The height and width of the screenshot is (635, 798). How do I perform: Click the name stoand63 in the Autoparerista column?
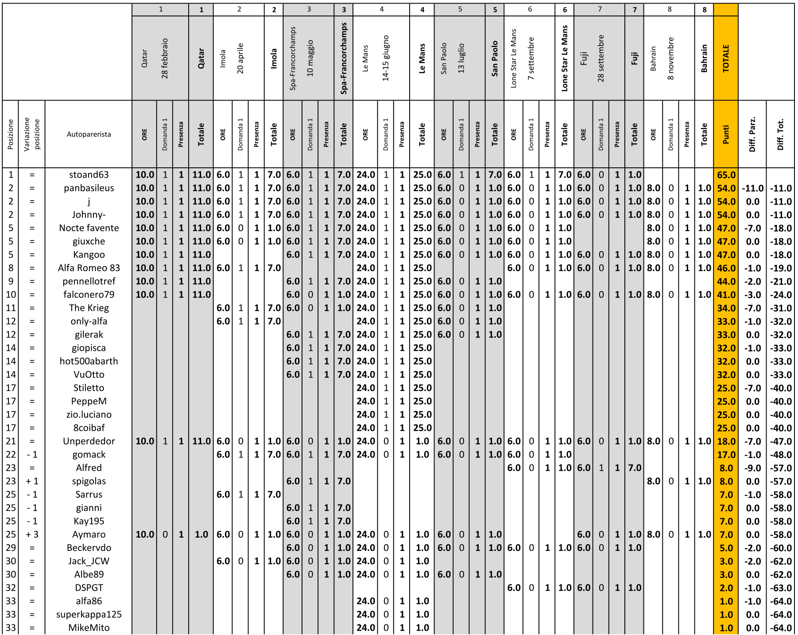(x=89, y=175)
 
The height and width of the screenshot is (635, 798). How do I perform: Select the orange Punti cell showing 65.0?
(x=726, y=175)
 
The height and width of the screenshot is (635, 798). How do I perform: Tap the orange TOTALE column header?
(x=726, y=58)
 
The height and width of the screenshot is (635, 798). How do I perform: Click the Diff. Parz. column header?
(x=752, y=134)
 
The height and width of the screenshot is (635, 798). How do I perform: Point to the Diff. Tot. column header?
(x=780, y=134)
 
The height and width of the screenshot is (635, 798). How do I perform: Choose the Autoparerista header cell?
(x=89, y=134)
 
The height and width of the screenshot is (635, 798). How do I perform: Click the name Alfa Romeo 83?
(x=89, y=268)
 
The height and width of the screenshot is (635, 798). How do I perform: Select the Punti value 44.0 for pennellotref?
(x=726, y=281)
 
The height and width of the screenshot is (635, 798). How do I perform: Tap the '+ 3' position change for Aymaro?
(x=32, y=534)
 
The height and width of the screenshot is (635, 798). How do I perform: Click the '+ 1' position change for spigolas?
(x=32, y=481)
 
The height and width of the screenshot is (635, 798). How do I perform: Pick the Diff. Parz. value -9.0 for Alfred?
(x=752, y=468)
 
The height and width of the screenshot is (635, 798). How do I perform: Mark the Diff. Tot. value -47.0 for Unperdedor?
(x=780, y=441)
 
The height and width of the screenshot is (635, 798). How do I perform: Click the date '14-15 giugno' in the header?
(x=386, y=58)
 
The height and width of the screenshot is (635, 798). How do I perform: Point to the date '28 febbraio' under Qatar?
(x=165, y=58)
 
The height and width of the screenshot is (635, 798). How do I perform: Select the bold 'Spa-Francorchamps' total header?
(x=344, y=58)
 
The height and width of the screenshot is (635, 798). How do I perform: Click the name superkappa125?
(x=89, y=614)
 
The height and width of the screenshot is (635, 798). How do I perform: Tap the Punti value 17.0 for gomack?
(x=726, y=455)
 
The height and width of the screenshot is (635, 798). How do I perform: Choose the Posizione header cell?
(x=11, y=134)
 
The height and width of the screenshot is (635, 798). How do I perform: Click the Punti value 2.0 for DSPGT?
(x=726, y=588)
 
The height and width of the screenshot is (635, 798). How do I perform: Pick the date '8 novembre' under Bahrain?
(x=670, y=58)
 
